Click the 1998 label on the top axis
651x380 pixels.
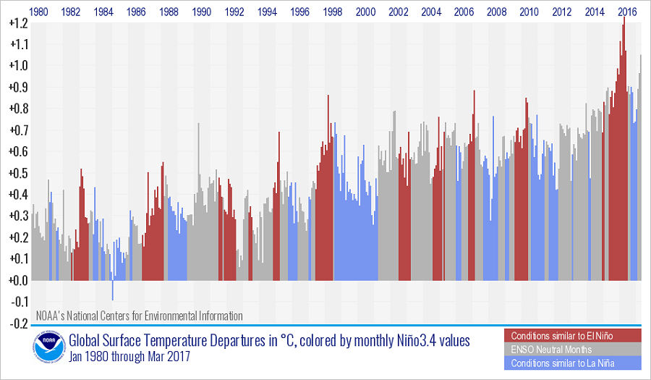333,12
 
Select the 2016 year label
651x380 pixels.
628,12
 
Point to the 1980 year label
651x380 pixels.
38,12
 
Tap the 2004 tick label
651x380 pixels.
431,12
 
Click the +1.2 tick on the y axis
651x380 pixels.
18,23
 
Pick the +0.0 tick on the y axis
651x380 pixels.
18,280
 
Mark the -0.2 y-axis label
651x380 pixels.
18,323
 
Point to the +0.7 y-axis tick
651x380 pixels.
18,130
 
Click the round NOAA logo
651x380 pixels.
47,348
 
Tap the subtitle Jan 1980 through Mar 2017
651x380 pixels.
131,357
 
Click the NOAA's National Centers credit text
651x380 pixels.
140,316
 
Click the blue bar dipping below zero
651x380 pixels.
113,290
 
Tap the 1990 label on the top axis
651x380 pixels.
202,12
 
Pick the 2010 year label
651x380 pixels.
529,12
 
